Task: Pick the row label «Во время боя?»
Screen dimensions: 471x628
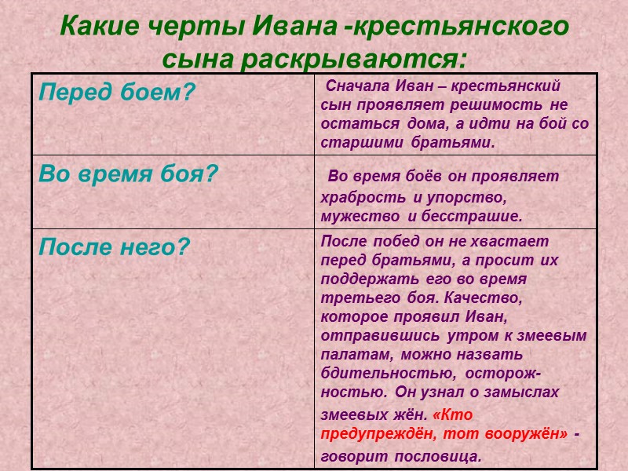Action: pos(128,173)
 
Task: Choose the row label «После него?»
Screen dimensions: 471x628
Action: pos(115,248)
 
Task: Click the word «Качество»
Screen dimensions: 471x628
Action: pos(489,298)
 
